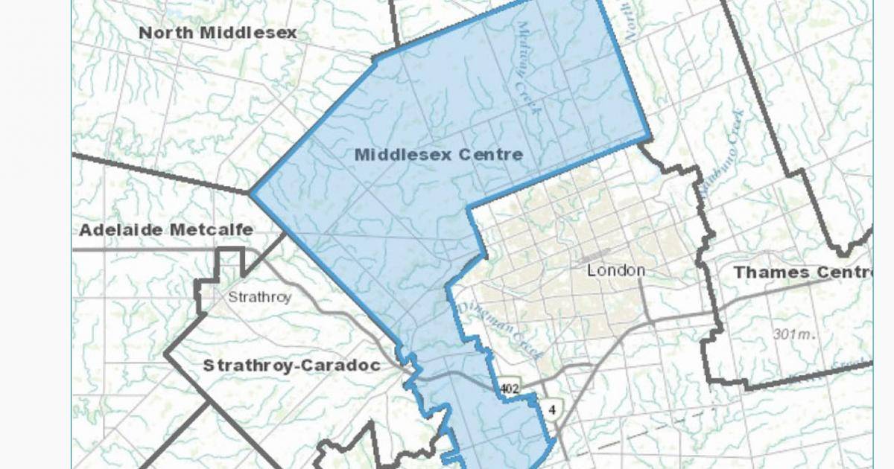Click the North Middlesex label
tap(218, 33)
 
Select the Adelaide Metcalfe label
tap(166, 229)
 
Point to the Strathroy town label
tap(259, 297)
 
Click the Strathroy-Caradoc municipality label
tap(291, 366)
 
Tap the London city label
tap(615, 270)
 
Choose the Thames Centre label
tap(802, 272)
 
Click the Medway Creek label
tap(526, 68)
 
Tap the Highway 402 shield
tap(510, 388)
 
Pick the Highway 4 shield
tap(552, 409)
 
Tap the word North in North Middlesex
tap(165, 33)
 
